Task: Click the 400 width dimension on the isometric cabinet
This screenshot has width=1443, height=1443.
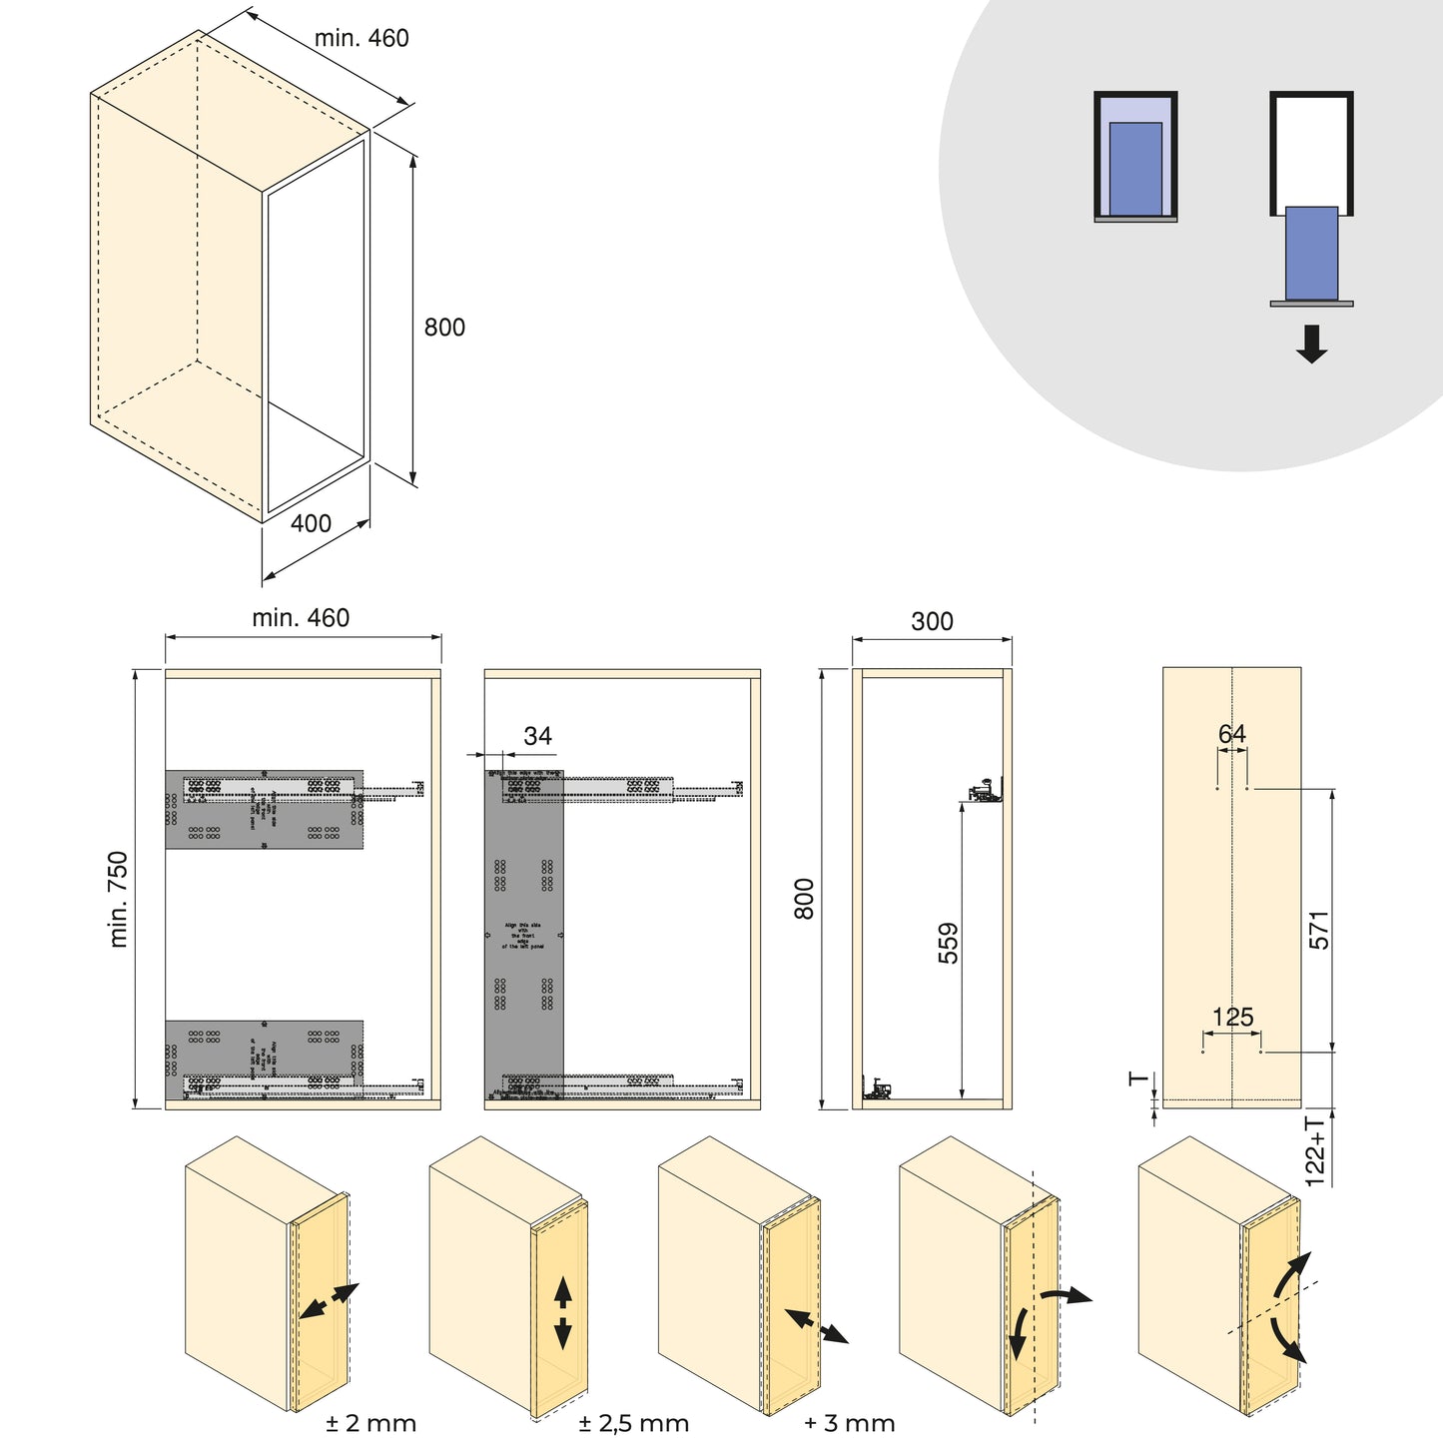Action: click(x=311, y=524)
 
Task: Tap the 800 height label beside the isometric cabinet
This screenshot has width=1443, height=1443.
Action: click(x=444, y=328)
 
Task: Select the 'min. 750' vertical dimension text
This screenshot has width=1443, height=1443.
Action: click(x=119, y=899)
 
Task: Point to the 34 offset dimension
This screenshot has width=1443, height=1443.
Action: click(x=537, y=736)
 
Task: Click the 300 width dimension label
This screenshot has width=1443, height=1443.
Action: click(x=932, y=621)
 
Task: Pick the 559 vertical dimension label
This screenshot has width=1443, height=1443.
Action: click(x=948, y=943)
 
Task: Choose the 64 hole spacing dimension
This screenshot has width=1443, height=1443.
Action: click(x=1232, y=734)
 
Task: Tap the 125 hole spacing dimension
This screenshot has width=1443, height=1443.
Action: click(x=1232, y=1018)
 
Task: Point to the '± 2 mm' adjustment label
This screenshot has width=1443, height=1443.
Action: click(x=370, y=1423)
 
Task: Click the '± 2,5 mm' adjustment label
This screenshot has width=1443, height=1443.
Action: click(x=633, y=1423)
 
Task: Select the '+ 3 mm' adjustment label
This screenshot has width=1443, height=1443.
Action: click(x=850, y=1423)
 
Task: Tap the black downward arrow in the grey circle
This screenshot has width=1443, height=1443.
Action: click(x=1311, y=344)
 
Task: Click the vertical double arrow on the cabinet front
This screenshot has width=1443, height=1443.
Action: click(x=562, y=1313)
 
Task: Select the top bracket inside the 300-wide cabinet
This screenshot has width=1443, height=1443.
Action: click(x=986, y=792)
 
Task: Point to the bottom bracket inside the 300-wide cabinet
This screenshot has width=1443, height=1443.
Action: click(x=877, y=1089)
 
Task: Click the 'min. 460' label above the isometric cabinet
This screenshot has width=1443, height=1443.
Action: click(x=361, y=38)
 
